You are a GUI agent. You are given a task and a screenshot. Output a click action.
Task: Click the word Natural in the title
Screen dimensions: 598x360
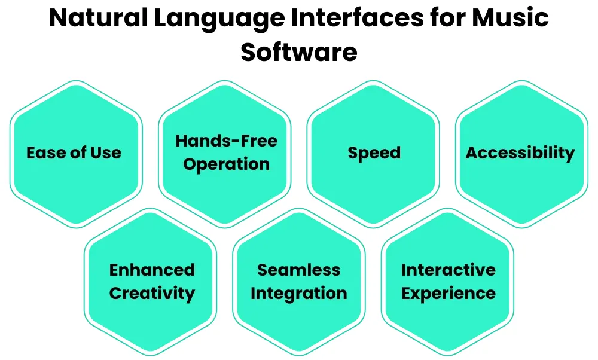click(x=98, y=17)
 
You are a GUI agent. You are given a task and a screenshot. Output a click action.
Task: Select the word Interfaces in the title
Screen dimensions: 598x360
click(x=358, y=17)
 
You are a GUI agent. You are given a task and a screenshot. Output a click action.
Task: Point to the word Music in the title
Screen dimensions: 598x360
click(x=510, y=17)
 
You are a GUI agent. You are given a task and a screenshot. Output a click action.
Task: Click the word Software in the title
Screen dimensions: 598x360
click(x=299, y=52)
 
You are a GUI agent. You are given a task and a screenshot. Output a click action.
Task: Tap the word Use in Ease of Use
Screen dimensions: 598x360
click(x=106, y=153)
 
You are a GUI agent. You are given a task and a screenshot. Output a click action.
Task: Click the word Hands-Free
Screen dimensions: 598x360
click(x=226, y=141)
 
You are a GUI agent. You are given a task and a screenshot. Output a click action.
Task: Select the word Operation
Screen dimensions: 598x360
click(x=226, y=164)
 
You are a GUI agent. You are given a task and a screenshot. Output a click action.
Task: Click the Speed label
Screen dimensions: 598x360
click(x=374, y=153)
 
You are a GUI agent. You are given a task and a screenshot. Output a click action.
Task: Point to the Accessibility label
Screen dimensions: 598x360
click(x=520, y=153)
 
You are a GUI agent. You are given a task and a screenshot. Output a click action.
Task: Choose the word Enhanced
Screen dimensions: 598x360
click(x=152, y=270)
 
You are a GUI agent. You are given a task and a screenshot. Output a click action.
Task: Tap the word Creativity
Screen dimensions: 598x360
click(x=152, y=294)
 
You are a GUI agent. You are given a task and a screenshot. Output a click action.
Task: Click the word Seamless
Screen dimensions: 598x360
click(x=299, y=270)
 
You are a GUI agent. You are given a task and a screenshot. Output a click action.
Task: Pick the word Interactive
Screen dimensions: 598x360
click(x=448, y=270)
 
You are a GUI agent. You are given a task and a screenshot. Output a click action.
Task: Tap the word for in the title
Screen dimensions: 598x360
click(x=448, y=17)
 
